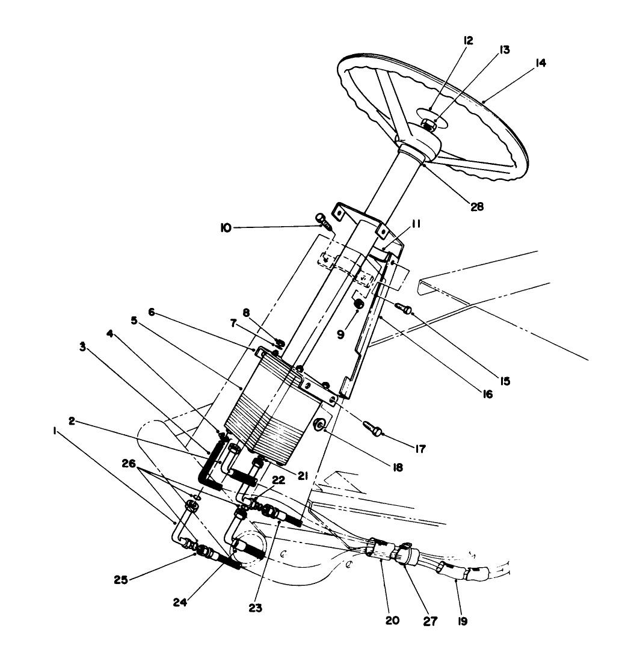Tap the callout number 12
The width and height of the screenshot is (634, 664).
pos(469,41)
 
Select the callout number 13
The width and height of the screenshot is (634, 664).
pos(503,51)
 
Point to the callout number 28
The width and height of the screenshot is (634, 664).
pos(475,206)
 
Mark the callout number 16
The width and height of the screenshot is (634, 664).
pos(487,395)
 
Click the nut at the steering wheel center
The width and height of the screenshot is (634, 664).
pos(428,125)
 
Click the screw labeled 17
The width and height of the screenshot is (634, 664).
pos(371,428)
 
